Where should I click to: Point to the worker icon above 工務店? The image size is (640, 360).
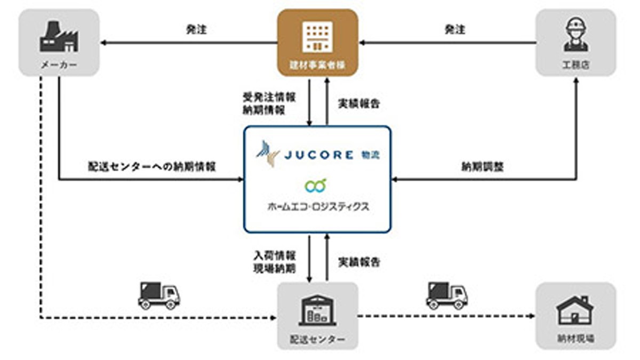[576, 35]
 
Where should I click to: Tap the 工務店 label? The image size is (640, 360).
[576, 66]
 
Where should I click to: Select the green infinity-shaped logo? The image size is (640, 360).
[315, 186]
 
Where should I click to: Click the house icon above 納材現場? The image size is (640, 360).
[575, 309]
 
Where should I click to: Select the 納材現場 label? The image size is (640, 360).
[575, 339]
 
